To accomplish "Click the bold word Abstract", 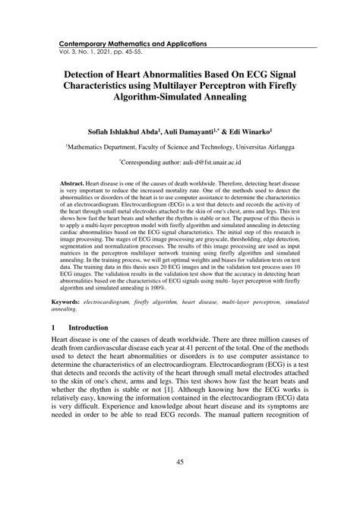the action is (x=74, y=185).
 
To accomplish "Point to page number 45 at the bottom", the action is (x=180, y=464).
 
